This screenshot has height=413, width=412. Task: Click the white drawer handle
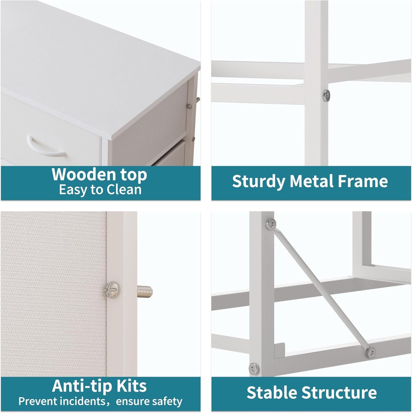(46, 148)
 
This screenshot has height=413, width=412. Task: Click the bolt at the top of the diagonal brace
(271, 224)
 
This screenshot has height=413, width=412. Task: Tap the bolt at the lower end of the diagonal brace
(370, 353)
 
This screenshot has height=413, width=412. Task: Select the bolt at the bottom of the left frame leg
(254, 369)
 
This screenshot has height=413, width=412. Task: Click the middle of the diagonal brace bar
(320, 289)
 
